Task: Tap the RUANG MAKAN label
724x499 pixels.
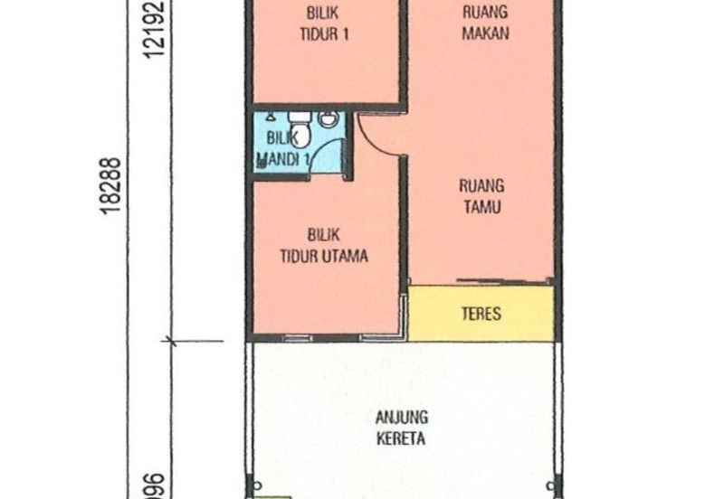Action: pyautogui.click(x=484, y=23)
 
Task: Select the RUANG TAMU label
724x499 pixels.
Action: pyautogui.click(x=481, y=196)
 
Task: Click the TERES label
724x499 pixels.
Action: pyautogui.click(x=481, y=315)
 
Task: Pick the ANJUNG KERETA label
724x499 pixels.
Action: pyautogui.click(x=403, y=429)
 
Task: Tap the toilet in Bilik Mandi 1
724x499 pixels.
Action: pyautogui.click(x=300, y=131)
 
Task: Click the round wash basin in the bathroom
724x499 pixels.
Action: pyautogui.click(x=329, y=118)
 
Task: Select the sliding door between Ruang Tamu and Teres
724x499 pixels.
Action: pyautogui.click(x=503, y=281)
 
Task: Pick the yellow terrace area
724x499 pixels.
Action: pyautogui.click(x=481, y=315)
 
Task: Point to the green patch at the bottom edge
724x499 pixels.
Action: pyautogui.click(x=271, y=495)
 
